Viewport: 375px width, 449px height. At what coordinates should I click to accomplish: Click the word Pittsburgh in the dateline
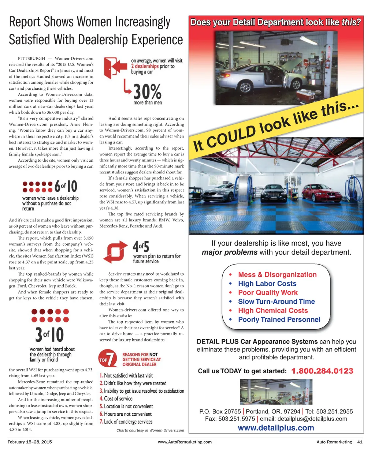[x=31, y=59]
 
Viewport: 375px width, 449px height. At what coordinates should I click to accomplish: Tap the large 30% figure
[x=147, y=92]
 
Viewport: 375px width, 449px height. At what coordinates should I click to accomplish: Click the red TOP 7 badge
[x=108, y=359]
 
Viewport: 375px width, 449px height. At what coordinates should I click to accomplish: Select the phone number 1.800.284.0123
[x=322, y=371]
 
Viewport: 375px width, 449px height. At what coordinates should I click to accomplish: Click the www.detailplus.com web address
[x=276, y=428]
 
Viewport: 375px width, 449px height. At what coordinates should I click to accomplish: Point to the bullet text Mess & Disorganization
[x=277, y=274]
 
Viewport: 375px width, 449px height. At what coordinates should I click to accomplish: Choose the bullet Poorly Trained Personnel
[x=279, y=319]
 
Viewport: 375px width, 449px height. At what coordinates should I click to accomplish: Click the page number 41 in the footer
[x=360, y=442]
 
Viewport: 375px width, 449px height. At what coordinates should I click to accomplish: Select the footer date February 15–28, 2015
[x=30, y=442]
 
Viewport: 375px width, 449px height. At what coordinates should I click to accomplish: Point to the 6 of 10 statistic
[x=66, y=187]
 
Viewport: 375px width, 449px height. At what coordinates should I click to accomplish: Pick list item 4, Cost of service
[x=116, y=399]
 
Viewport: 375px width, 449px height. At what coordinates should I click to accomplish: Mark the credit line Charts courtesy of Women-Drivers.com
[x=150, y=430]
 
